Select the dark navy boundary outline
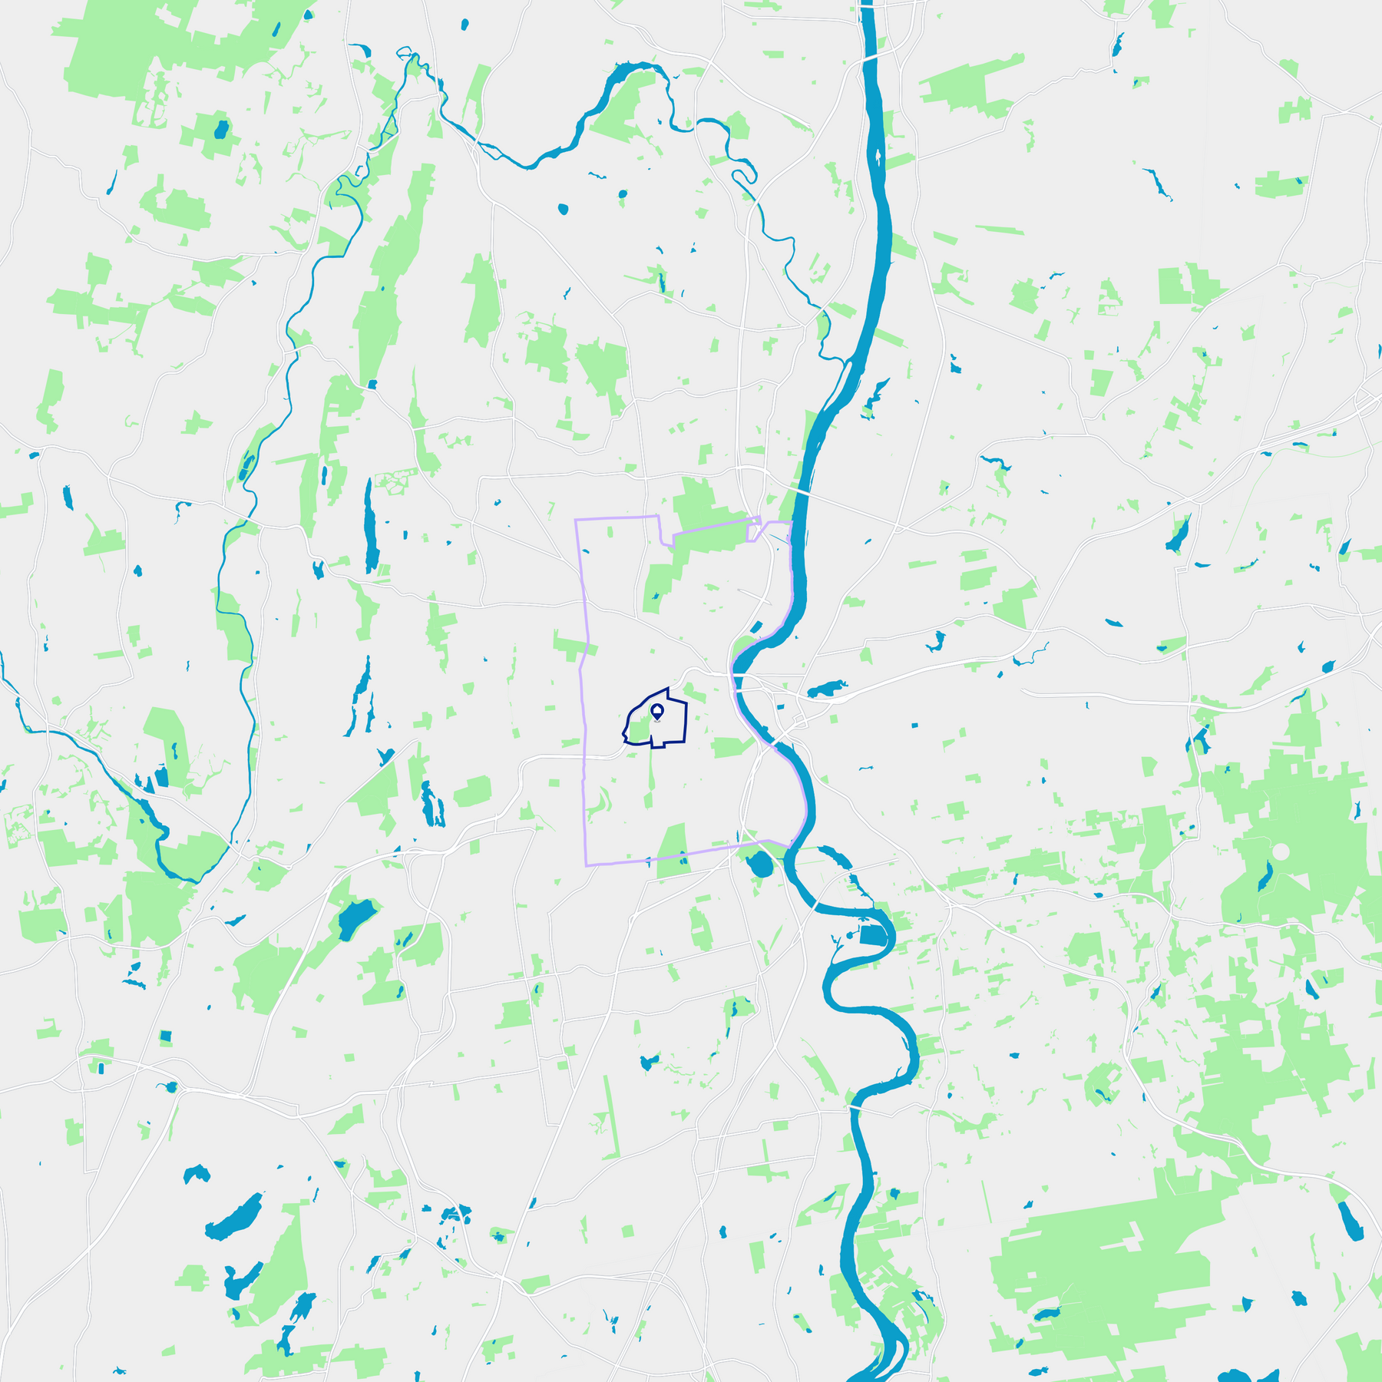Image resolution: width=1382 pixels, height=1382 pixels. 685,722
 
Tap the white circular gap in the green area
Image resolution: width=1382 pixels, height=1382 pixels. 1281,851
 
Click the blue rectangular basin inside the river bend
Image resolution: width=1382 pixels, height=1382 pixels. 872,935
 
